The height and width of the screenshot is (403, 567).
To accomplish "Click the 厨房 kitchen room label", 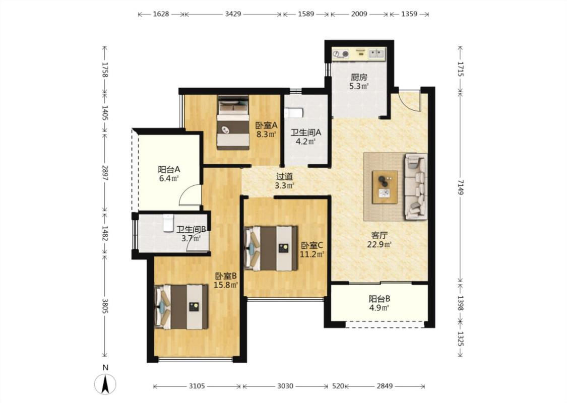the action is [x=359, y=77].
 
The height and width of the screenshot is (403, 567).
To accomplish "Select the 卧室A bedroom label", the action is [x=267, y=125].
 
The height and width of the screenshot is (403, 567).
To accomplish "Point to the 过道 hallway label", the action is [x=285, y=177].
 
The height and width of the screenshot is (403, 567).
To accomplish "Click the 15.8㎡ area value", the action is [x=226, y=285].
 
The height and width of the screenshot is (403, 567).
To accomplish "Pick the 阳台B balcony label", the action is [x=380, y=299].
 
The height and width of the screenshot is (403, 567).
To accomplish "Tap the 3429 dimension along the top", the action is [x=233, y=14].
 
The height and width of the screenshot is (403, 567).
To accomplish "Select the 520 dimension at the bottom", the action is [x=338, y=386].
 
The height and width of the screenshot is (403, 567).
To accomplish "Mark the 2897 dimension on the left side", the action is [x=105, y=173].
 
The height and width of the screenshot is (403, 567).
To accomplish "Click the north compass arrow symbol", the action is [x=105, y=384].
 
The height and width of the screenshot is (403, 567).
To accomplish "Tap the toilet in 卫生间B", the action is [x=168, y=223].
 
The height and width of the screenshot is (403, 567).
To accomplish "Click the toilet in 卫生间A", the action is [x=293, y=113].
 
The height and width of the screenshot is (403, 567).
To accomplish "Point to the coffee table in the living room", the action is [x=385, y=187].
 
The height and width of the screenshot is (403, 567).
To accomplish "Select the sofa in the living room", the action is [x=415, y=186].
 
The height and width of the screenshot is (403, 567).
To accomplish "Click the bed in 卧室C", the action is [x=271, y=248].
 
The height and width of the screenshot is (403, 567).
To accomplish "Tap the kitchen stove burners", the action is [x=341, y=54].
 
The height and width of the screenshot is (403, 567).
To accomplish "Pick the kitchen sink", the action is [x=376, y=54].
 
